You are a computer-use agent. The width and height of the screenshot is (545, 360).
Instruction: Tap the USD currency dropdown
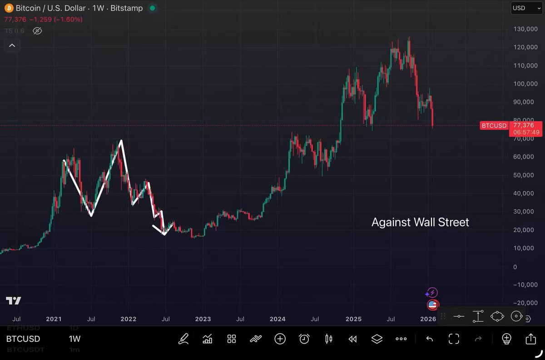pyautogui.click(x=526, y=8)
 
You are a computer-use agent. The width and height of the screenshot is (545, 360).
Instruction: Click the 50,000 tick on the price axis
pyautogui.click(x=523, y=175)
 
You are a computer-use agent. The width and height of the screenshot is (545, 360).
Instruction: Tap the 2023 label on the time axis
pyautogui.click(x=203, y=319)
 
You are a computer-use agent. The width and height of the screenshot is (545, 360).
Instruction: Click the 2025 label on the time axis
pyautogui.click(x=353, y=319)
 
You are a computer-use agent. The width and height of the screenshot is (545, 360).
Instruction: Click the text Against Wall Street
pyautogui.click(x=420, y=222)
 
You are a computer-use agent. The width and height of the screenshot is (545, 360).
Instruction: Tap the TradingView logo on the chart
pyautogui.click(x=14, y=301)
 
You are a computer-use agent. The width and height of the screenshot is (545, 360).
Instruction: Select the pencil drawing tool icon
pyautogui.click(x=183, y=339)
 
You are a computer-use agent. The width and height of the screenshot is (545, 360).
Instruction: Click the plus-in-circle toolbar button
pyautogui.click(x=280, y=339)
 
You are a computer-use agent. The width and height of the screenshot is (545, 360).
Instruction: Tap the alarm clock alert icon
pyautogui.click(x=304, y=339)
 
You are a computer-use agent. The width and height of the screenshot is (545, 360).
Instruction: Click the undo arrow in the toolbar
pyautogui.click(x=429, y=339)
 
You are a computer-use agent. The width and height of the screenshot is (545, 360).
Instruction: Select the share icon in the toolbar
pyautogui.click(x=530, y=339)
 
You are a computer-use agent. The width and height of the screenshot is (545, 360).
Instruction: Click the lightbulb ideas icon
pyautogui.click(x=507, y=339)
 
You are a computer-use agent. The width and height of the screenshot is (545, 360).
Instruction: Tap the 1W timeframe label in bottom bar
pyautogui.click(x=74, y=339)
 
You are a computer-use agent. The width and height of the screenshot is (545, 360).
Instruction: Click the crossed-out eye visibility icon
pyautogui.click(x=37, y=31)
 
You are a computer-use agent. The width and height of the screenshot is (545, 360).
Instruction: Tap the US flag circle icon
pyautogui.click(x=432, y=305)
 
